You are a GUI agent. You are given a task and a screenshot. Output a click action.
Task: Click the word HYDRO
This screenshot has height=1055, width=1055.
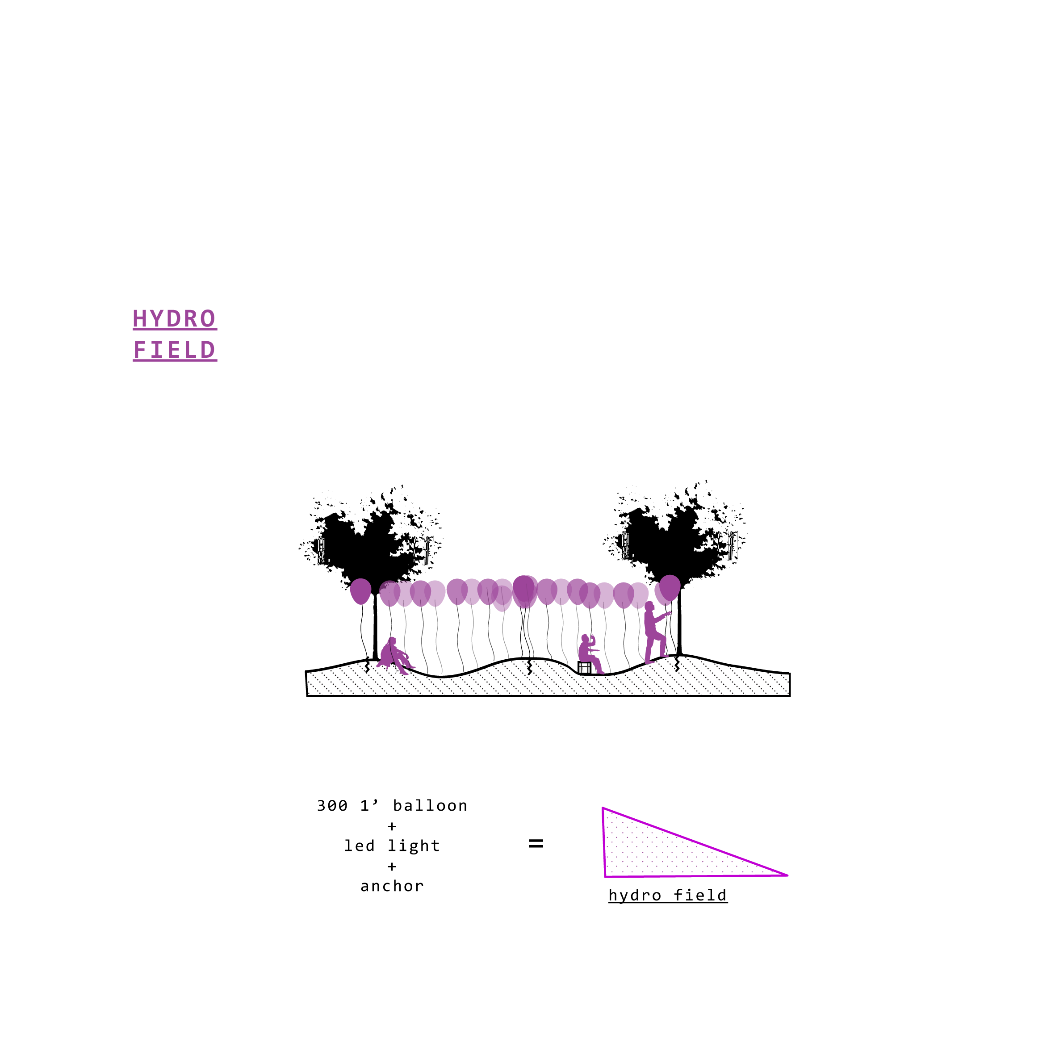pyautogui.click(x=174, y=319)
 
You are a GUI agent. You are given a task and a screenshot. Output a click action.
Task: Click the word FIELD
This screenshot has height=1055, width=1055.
pyautogui.click(x=175, y=350)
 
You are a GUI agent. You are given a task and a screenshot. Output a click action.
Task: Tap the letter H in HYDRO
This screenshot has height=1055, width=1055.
pyautogui.click(x=140, y=319)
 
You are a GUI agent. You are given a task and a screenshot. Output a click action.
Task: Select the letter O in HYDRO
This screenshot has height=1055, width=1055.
pyautogui.click(x=208, y=319)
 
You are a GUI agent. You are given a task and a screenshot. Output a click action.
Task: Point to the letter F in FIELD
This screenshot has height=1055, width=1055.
pyautogui.click(x=140, y=350)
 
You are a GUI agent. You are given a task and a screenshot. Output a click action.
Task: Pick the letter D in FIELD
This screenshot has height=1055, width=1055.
pyautogui.click(x=208, y=350)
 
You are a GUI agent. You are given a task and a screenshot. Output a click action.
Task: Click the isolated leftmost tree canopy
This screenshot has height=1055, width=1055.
pyautogui.click(x=360, y=591)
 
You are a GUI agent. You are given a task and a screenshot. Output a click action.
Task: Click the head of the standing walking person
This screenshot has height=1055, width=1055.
pyautogui.click(x=649, y=606)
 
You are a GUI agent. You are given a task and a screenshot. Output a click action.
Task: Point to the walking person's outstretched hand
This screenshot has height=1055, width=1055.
pyautogui.click(x=669, y=614)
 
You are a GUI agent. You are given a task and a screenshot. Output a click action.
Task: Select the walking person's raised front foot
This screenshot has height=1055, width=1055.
pyautogui.click(x=664, y=655)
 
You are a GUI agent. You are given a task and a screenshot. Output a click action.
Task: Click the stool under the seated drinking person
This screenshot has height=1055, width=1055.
pyautogui.click(x=584, y=667)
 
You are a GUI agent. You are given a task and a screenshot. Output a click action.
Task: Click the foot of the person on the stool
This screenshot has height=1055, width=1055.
pyautogui.click(x=601, y=672)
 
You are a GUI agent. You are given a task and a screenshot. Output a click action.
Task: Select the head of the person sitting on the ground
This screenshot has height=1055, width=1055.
pyautogui.click(x=393, y=640)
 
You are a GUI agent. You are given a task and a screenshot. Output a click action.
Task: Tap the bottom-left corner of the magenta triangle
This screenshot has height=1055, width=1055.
pyautogui.click(x=606, y=876)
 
